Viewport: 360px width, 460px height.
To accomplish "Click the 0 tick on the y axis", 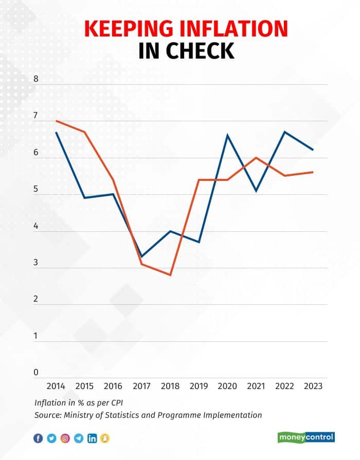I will coord(36,373).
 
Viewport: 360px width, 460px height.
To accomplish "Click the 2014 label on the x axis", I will coord(56,387).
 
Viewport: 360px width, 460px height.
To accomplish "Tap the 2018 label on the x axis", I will coord(170,387).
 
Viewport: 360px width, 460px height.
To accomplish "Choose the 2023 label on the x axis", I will coord(313,387).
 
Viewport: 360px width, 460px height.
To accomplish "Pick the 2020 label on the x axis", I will coord(227,387).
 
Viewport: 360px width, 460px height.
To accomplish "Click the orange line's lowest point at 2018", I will coord(170,275).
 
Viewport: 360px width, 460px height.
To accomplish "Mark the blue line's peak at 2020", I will coord(227,136).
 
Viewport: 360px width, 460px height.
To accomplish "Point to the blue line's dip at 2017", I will coord(141,256).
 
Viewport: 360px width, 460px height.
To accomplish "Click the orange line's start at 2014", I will coord(56,121).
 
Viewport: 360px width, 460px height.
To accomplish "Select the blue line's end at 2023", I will coord(313,150).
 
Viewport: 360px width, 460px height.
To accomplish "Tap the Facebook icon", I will coord(38,438).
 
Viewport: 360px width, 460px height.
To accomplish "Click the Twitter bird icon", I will coord(51,438).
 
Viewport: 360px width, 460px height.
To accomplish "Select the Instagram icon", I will coord(65,438).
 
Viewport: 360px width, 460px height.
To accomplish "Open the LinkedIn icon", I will coord(92,438).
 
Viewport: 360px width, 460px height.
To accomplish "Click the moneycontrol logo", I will coord(306,437).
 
